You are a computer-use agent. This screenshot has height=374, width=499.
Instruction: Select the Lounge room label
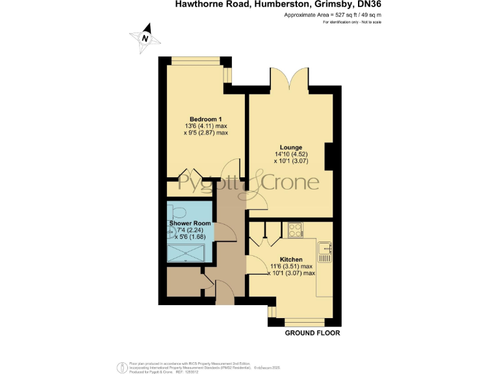[290, 147]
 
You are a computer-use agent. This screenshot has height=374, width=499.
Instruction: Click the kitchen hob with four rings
[294, 229]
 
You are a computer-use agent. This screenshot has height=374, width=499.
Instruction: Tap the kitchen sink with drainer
[324, 251]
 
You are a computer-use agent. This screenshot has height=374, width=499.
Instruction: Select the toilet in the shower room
[177, 210]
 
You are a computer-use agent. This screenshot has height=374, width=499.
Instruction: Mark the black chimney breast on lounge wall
[329, 155]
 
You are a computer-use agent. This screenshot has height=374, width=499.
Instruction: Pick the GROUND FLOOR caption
[313, 333]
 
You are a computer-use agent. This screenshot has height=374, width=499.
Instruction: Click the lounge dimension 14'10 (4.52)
[290, 155]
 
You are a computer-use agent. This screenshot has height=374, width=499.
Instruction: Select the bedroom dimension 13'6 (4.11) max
[205, 126]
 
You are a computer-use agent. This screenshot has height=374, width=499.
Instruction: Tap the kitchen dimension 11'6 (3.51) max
[291, 266]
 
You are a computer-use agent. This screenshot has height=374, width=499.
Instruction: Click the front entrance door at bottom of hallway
[225, 294]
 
